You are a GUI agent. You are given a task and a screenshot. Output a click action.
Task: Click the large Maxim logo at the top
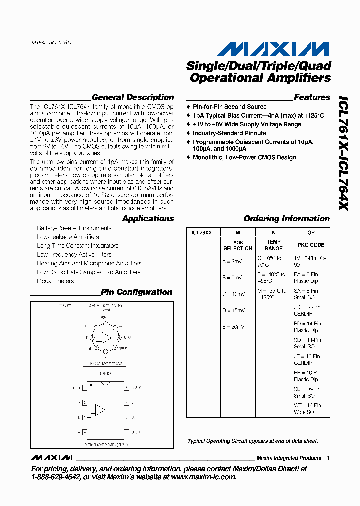click(273, 48)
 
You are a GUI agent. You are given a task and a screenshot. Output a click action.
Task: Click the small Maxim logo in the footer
click(51, 458)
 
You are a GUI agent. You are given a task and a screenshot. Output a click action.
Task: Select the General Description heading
click(133, 97)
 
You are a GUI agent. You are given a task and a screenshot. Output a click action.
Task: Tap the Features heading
click(312, 97)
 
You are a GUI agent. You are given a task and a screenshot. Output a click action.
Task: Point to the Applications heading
click(148, 218)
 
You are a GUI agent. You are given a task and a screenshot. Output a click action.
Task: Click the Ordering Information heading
click(286, 218)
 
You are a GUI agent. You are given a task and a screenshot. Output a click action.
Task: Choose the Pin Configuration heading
click(136, 292)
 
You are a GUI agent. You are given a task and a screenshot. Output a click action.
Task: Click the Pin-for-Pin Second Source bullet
click(229, 107)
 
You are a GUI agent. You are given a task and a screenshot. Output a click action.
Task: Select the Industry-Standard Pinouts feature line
click(229, 133)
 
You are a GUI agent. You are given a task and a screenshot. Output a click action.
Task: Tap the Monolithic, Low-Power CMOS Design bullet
click(244, 157)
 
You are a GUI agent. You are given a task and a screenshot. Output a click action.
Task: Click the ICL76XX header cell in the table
click(202, 232)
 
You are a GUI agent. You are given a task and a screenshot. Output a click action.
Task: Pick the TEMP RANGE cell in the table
click(273, 245)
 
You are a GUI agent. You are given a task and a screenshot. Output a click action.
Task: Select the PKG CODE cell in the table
click(311, 245)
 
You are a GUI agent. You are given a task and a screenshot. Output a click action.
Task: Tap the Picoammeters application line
click(55, 281)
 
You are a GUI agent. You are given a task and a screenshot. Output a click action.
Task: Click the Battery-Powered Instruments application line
click(74, 228)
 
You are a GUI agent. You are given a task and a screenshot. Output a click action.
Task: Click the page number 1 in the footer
click(328, 458)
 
